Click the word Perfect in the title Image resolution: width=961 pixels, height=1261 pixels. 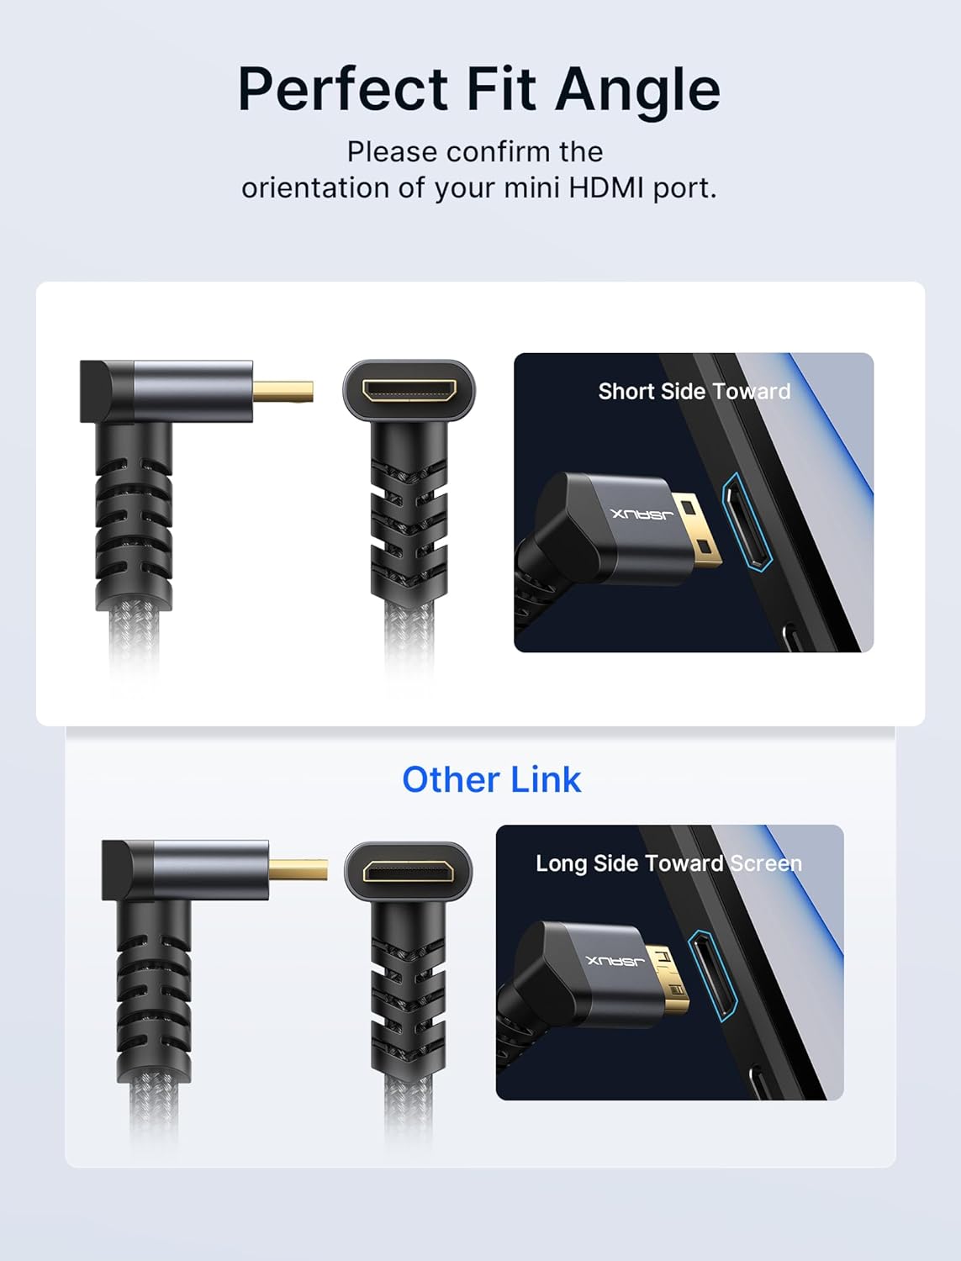click(x=343, y=90)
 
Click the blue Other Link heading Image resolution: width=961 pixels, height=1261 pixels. click(x=492, y=780)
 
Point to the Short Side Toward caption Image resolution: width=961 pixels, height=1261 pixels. click(x=694, y=391)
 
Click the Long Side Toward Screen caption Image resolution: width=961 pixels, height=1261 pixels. click(x=668, y=863)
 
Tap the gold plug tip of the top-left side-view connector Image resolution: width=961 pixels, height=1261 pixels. click(x=283, y=391)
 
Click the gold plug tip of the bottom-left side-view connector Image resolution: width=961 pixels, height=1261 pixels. click(x=298, y=869)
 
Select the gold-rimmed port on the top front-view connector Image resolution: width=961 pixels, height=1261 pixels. click(x=409, y=390)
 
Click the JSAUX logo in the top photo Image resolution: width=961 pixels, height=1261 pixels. click(x=642, y=514)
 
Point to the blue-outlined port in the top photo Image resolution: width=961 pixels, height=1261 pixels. click(x=747, y=522)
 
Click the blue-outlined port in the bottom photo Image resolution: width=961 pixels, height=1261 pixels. click(x=713, y=976)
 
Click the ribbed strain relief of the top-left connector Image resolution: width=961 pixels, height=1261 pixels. click(x=134, y=517)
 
